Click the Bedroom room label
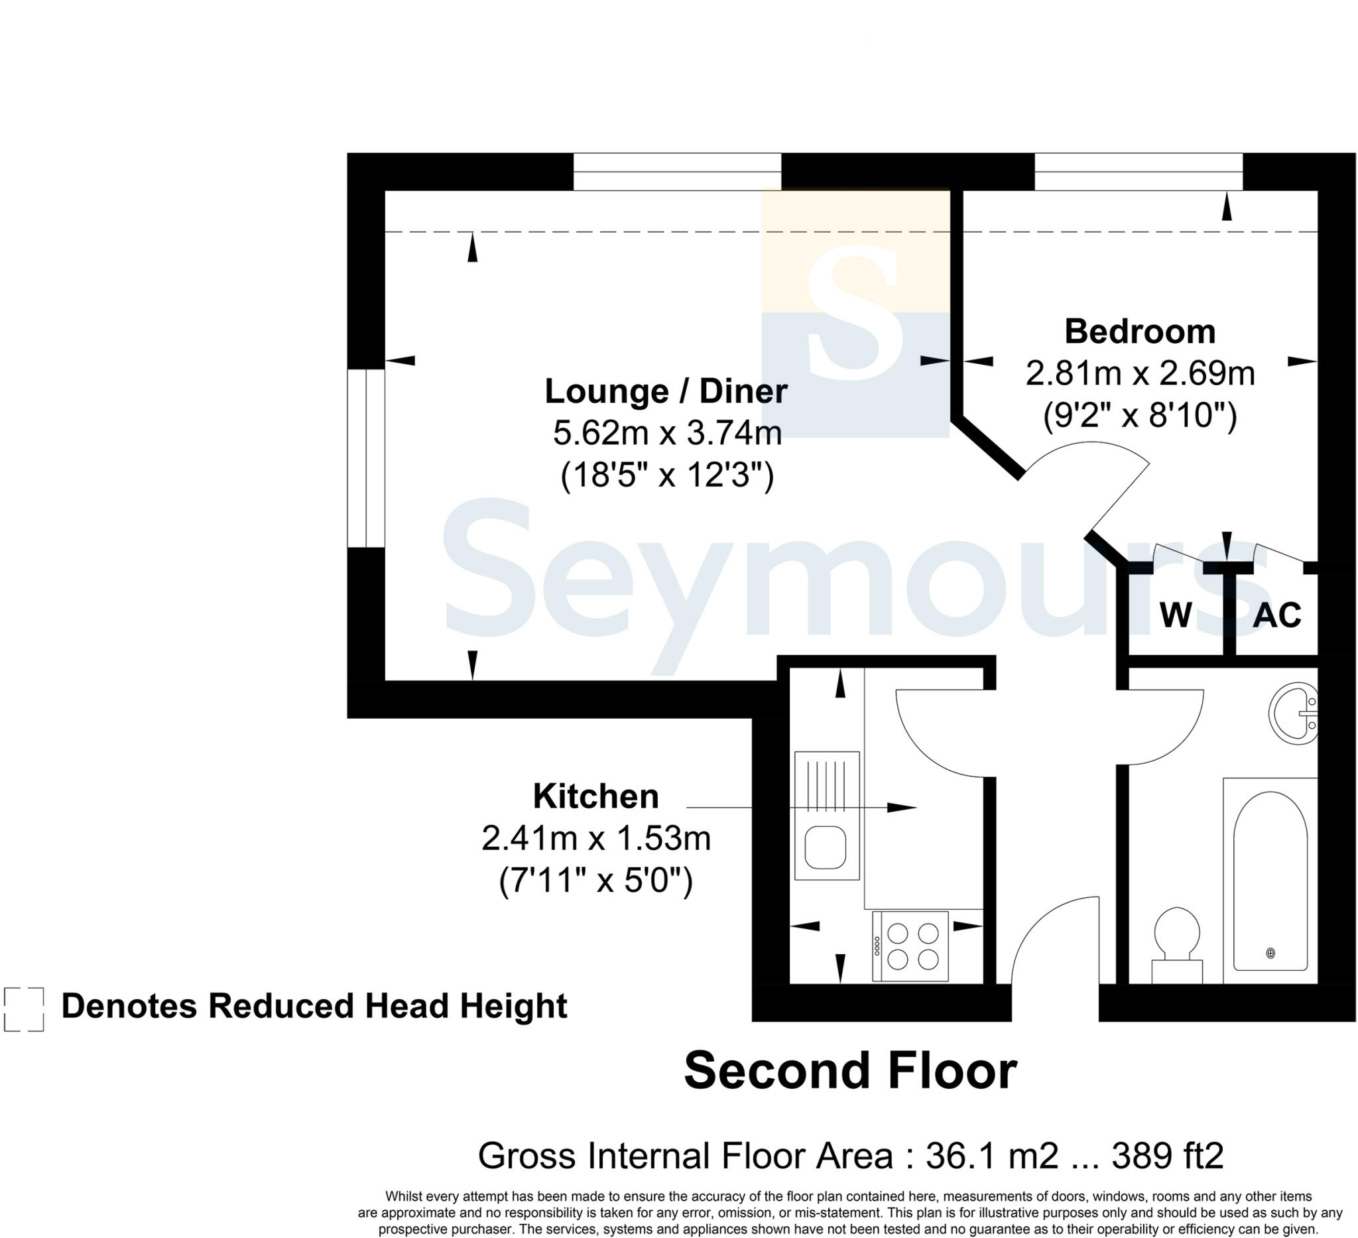coord(1140,332)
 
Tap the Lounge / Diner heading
coord(666,391)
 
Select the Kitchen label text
coord(595,797)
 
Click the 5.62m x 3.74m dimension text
coord(667,433)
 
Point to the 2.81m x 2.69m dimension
coord(1140,374)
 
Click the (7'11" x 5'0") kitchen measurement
coord(595,881)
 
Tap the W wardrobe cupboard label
coord(1176,615)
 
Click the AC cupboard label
coord(1276,615)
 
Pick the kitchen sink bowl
coord(825,847)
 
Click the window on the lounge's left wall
coord(366,458)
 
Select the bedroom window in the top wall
coord(1138,172)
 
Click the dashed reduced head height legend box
coord(24,1010)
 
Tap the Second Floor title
coord(850,1071)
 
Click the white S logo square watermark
coord(855,312)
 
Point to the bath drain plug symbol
coord(1270,952)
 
